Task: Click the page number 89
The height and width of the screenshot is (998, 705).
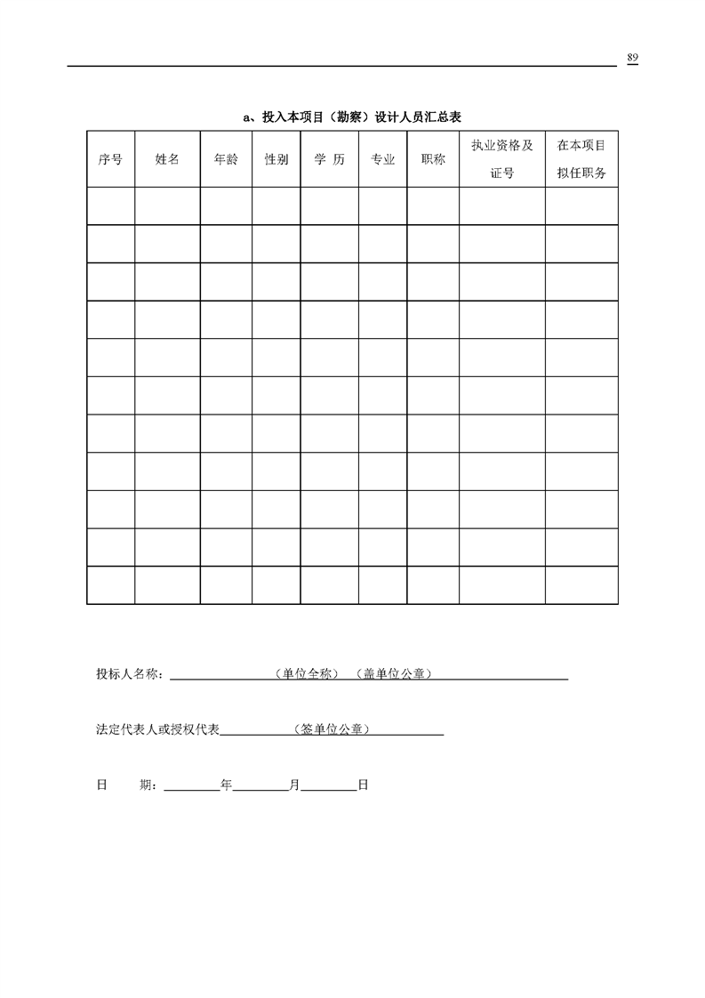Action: tap(632, 58)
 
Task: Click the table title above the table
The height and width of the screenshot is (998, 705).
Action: tap(352, 117)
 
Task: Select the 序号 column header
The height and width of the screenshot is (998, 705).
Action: tap(110, 159)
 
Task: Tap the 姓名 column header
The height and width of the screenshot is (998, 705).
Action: tap(167, 159)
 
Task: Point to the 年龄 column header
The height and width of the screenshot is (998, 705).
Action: tap(226, 159)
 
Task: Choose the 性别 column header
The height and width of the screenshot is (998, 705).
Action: tap(276, 159)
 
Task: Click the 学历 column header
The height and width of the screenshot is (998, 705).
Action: tap(329, 159)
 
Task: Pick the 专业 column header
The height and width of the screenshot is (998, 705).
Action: tap(382, 159)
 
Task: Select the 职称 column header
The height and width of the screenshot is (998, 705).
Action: tap(433, 159)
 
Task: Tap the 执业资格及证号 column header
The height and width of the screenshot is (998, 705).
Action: tap(501, 159)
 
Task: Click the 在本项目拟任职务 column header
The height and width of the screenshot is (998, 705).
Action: tap(581, 159)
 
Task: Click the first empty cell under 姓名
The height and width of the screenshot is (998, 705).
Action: tap(167, 205)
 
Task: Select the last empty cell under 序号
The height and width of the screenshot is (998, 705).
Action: tap(110, 585)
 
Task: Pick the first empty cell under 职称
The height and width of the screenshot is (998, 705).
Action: tap(433, 205)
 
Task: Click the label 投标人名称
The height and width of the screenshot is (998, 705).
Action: tap(129, 674)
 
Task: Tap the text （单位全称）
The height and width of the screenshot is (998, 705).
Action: tap(306, 674)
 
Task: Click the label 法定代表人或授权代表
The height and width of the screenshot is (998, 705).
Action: tap(157, 729)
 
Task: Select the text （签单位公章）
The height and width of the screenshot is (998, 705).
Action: tap(332, 729)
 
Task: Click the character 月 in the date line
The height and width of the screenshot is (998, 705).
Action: tap(294, 785)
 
